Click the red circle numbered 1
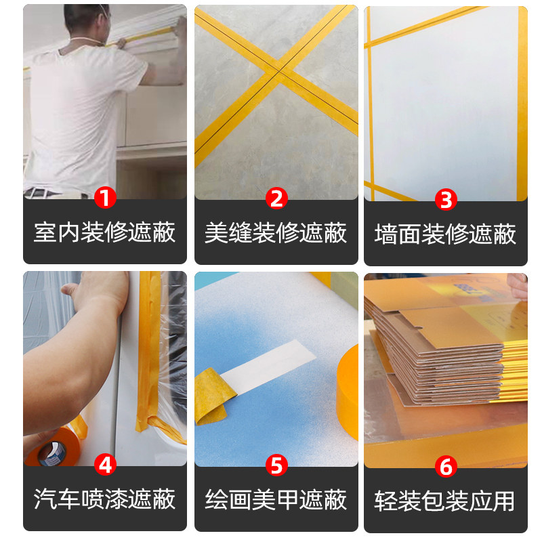pyautogui.click(x=105, y=199)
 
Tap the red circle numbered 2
pyautogui.click(x=276, y=199)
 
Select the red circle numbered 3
pyautogui.click(x=446, y=199)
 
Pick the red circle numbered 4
pyautogui.click(x=105, y=465)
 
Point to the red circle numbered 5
pyautogui.click(x=276, y=465)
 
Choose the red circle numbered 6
pyautogui.click(x=446, y=466)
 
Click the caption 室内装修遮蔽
pyautogui.click(x=105, y=232)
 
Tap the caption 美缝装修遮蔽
pyautogui.click(x=276, y=232)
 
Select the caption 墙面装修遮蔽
pyautogui.click(x=446, y=234)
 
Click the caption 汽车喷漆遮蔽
pyautogui.click(x=105, y=499)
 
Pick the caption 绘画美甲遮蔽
pyautogui.click(x=276, y=500)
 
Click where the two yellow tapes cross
pyautogui.click(x=277, y=73)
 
